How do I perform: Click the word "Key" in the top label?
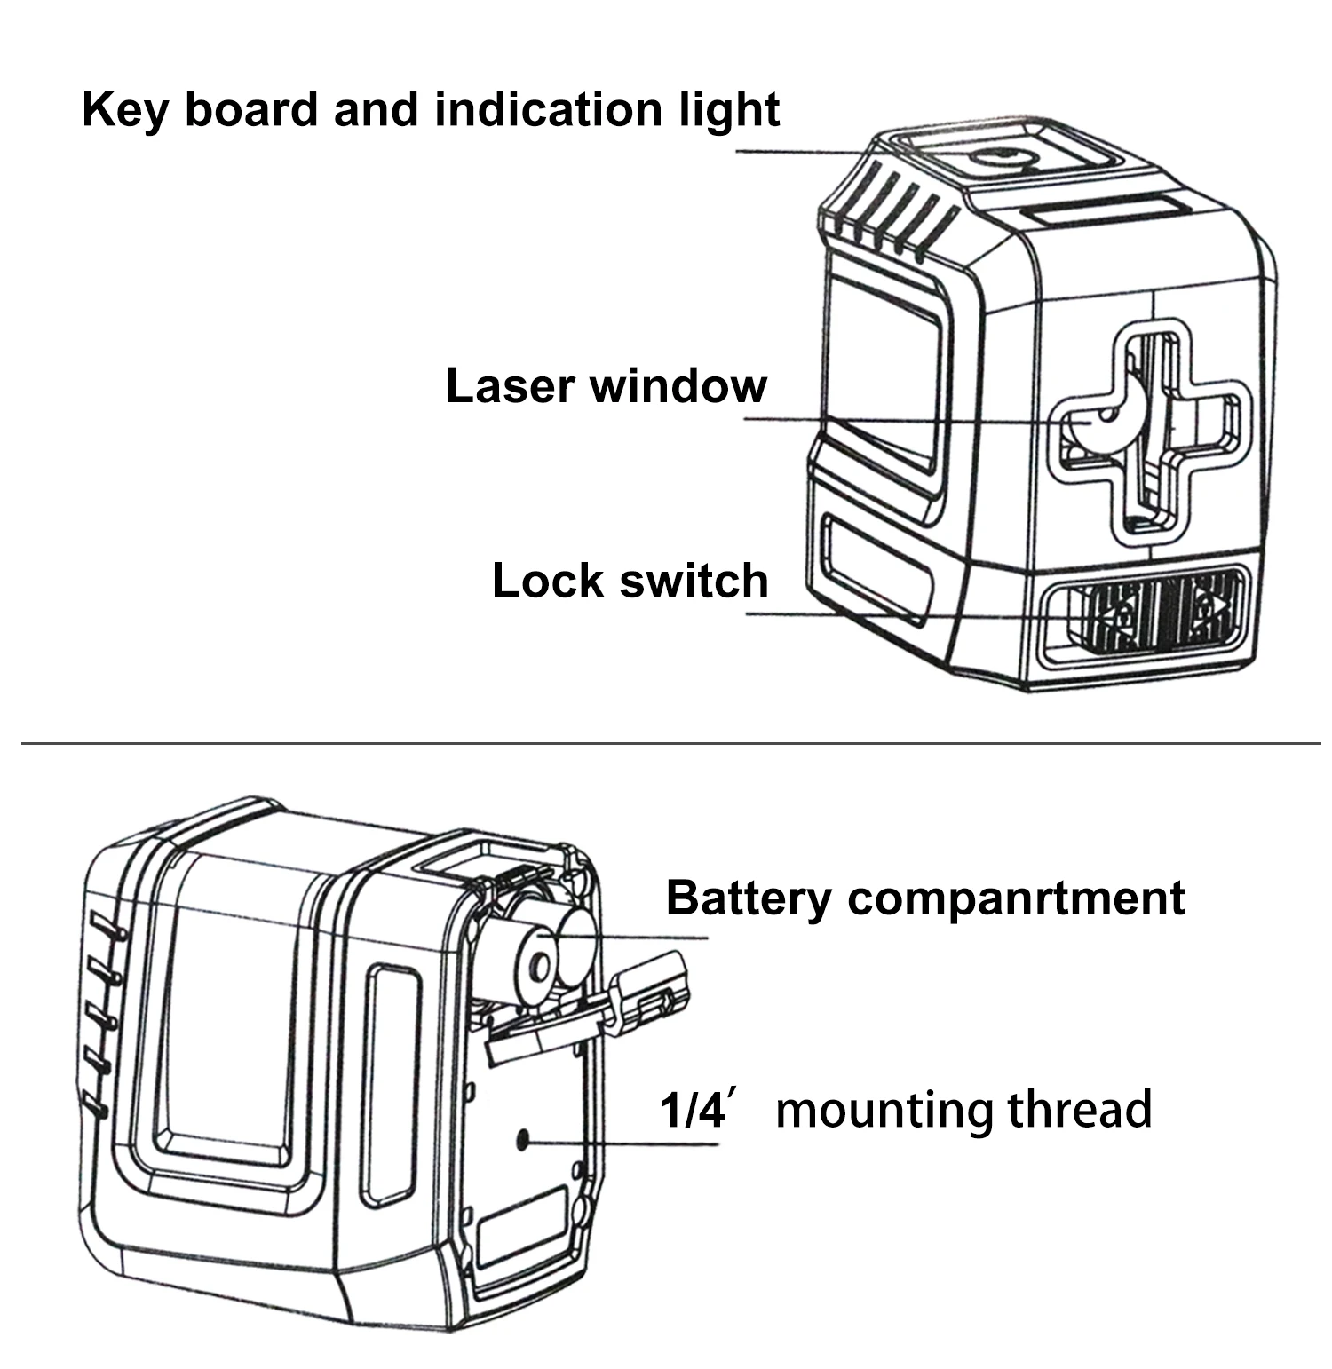point(123,110)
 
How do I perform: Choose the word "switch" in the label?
point(694,581)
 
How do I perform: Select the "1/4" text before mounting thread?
point(693,1110)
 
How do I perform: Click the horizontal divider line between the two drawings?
point(666,742)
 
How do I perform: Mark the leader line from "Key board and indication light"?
point(799,152)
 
